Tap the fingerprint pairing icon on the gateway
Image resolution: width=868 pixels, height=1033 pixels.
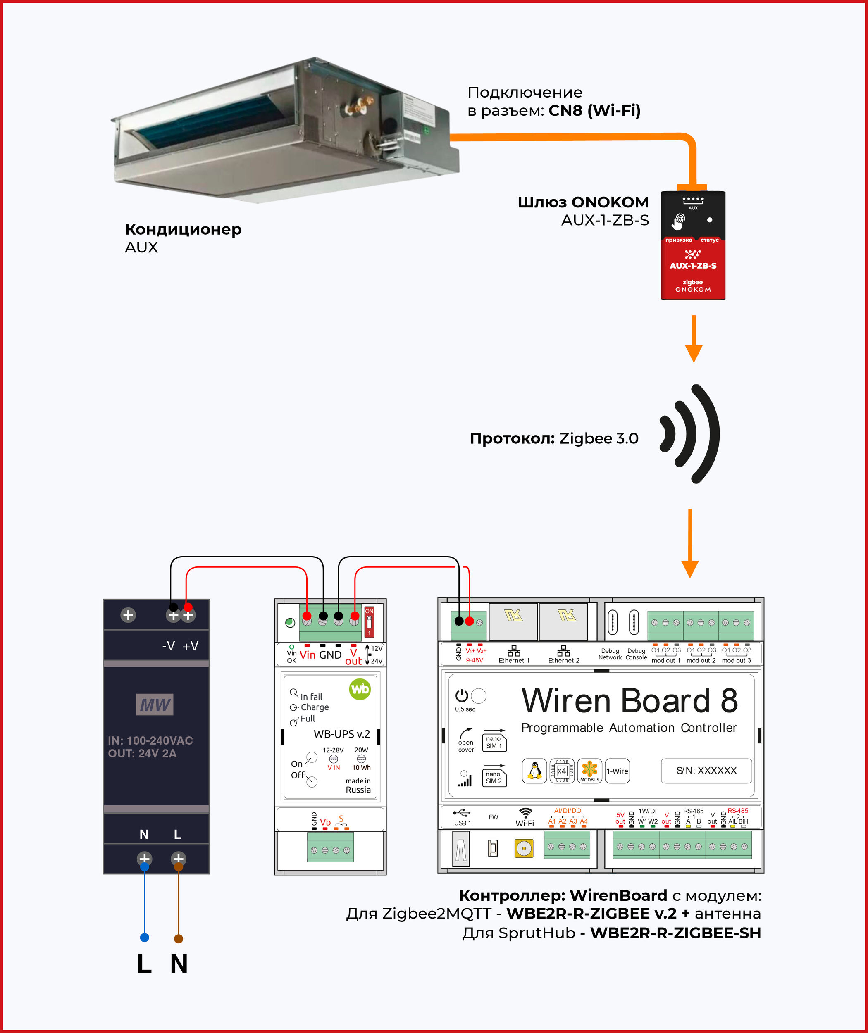pyautogui.click(x=679, y=221)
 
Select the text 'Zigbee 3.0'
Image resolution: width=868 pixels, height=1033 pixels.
pyautogui.click(x=599, y=438)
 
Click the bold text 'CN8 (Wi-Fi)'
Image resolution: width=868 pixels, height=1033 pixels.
pyautogui.click(x=594, y=111)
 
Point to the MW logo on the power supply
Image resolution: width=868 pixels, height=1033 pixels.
pyautogui.click(x=155, y=705)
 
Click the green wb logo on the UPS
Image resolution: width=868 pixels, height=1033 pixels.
pyautogui.click(x=360, y=689)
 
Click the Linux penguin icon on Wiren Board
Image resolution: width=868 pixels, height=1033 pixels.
pyautogui.click(x=534, y=771)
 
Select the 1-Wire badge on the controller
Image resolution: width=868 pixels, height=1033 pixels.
pyautogui.click(x=617, y=771)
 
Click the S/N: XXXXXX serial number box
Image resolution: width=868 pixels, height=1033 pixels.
pyautogui.click(x=706, y=770)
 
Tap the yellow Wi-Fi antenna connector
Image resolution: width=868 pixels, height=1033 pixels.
pyautogui.click(x=524, y=848)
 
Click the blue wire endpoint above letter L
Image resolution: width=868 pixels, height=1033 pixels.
pyautogui.click(x=145, y=938)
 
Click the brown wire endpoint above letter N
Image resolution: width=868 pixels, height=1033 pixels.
pyautogui.click(x=179, y=938)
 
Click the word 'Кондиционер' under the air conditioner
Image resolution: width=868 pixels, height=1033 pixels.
pyautogui.click(x=183, y=229)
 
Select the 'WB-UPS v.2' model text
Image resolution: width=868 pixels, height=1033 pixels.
pyautogui.click(x=341, y=734)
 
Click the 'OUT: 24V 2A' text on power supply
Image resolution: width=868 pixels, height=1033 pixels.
pyautogui.click(x=142, y=753)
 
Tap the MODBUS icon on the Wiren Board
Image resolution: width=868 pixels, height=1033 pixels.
pyautogui.click(x=589, y=771)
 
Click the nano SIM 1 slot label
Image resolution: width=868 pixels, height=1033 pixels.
pyautogui.click(x=494, y=742)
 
